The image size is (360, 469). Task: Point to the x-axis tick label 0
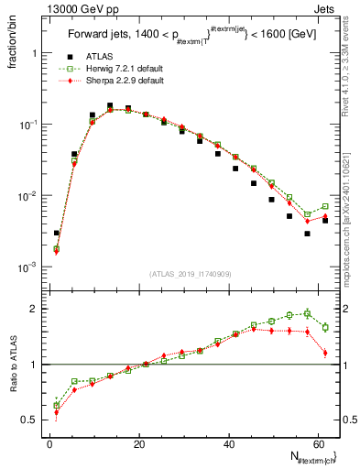tap(49, 444)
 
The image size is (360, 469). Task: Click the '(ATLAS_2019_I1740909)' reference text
tap(190, 272)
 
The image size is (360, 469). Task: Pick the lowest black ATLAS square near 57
tap(308, 234)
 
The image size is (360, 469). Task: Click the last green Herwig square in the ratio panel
tap(325, 327)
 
